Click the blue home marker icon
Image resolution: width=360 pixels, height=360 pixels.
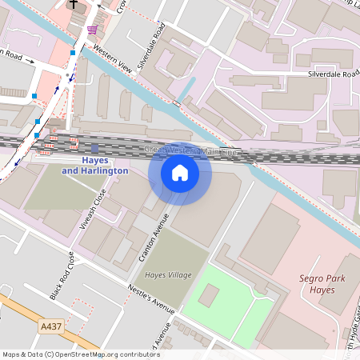click(x=180, y=172)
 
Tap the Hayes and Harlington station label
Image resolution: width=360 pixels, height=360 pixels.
click(x=94, y=166)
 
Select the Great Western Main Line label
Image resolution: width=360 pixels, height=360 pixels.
click(x=191, y=150)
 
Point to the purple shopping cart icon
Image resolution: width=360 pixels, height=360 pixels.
click(x=93, y=30)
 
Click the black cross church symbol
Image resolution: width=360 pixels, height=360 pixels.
click(x=74, y=4)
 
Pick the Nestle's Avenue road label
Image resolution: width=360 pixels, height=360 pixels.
click(x=151, y=298)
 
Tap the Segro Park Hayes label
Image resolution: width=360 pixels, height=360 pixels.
click(x=310, y=283)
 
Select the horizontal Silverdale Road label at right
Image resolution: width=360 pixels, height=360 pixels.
click(x=334, y=73)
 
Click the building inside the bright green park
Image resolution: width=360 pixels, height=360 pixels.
click(x=208, y=296)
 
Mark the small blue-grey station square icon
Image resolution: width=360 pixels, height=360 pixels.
click(x=94, y=148)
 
